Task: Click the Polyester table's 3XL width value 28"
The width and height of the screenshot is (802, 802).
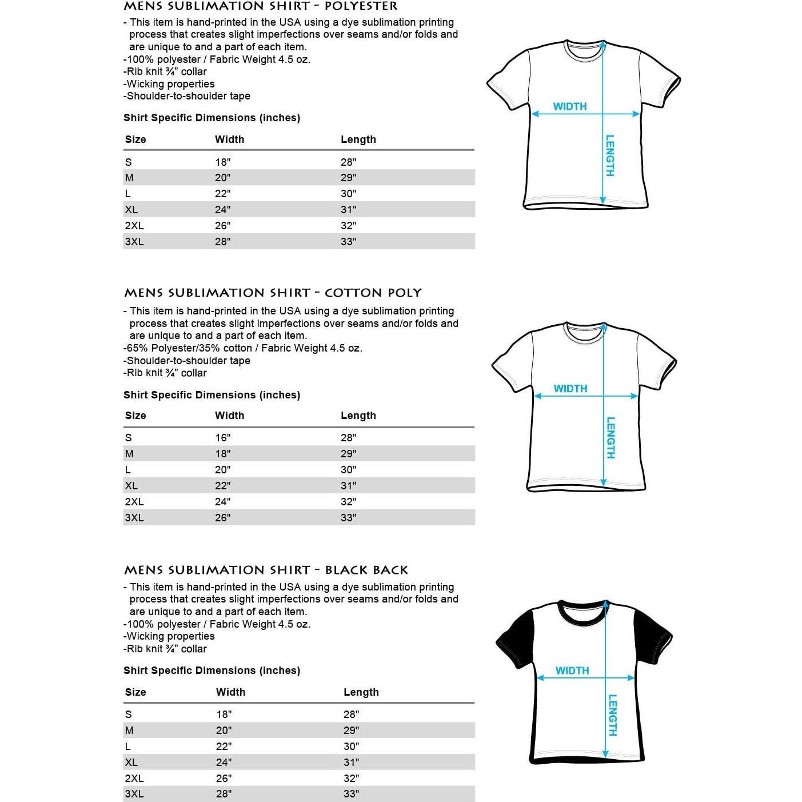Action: [223, 242]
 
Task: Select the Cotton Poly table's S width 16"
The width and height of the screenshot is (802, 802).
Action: [223, 438]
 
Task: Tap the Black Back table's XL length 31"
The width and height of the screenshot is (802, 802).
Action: [351, 763]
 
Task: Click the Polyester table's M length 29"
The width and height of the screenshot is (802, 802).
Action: [348, 178]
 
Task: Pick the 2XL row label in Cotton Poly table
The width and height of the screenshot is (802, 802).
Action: [134, 502]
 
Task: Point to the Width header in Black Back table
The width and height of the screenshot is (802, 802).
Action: [230, 692]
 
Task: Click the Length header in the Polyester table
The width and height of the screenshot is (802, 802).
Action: [358, 139]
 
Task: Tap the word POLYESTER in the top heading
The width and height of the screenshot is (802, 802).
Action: [361, 6]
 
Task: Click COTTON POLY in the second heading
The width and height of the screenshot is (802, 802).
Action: [373, 293]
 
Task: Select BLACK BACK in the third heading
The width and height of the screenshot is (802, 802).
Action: [366, 570]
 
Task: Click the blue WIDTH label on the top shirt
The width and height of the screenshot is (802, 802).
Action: [570, 106]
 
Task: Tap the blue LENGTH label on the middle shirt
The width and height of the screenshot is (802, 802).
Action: [611, 437]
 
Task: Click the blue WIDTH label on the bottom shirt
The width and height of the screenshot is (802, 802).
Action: [572, 671]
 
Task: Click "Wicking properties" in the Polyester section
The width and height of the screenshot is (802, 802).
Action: [170, 84]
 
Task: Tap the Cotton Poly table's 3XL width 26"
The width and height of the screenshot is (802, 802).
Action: [223, 518]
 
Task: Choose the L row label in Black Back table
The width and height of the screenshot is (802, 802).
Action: [128, 747]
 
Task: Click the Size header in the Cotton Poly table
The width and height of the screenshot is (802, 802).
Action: [135, 416]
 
